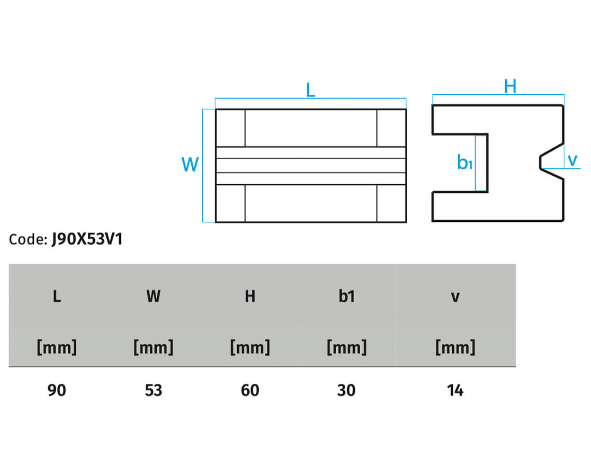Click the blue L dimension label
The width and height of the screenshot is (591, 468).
tap(310, 89)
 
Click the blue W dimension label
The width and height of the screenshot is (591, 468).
tap(190, 164)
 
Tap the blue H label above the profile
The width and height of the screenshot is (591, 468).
tap(510, 86)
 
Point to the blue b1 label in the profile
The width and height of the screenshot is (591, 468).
tap(465, 162)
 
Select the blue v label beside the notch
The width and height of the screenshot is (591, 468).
tap(572, 160)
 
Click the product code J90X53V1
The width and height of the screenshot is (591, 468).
tap(87, 239)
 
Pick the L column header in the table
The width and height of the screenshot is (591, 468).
tap(57, 296)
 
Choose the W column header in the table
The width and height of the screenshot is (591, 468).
tap(154, 296)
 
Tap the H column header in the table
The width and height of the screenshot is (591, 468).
tap(250, 296)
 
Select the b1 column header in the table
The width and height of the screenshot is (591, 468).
tap(346, 296)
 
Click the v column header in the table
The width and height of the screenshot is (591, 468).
tap(455, 298)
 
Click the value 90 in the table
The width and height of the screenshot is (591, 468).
tap(57, 390)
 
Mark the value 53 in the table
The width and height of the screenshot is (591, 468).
tap(154, 390)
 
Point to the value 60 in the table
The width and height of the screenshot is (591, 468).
tap(250, 390)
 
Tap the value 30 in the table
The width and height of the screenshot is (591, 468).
tap(346, 390)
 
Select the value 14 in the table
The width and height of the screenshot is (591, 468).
tap(455, 390)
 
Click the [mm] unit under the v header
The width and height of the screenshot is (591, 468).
tap(455, 347)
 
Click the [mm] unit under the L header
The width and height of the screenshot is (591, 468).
tap(57, 347)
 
